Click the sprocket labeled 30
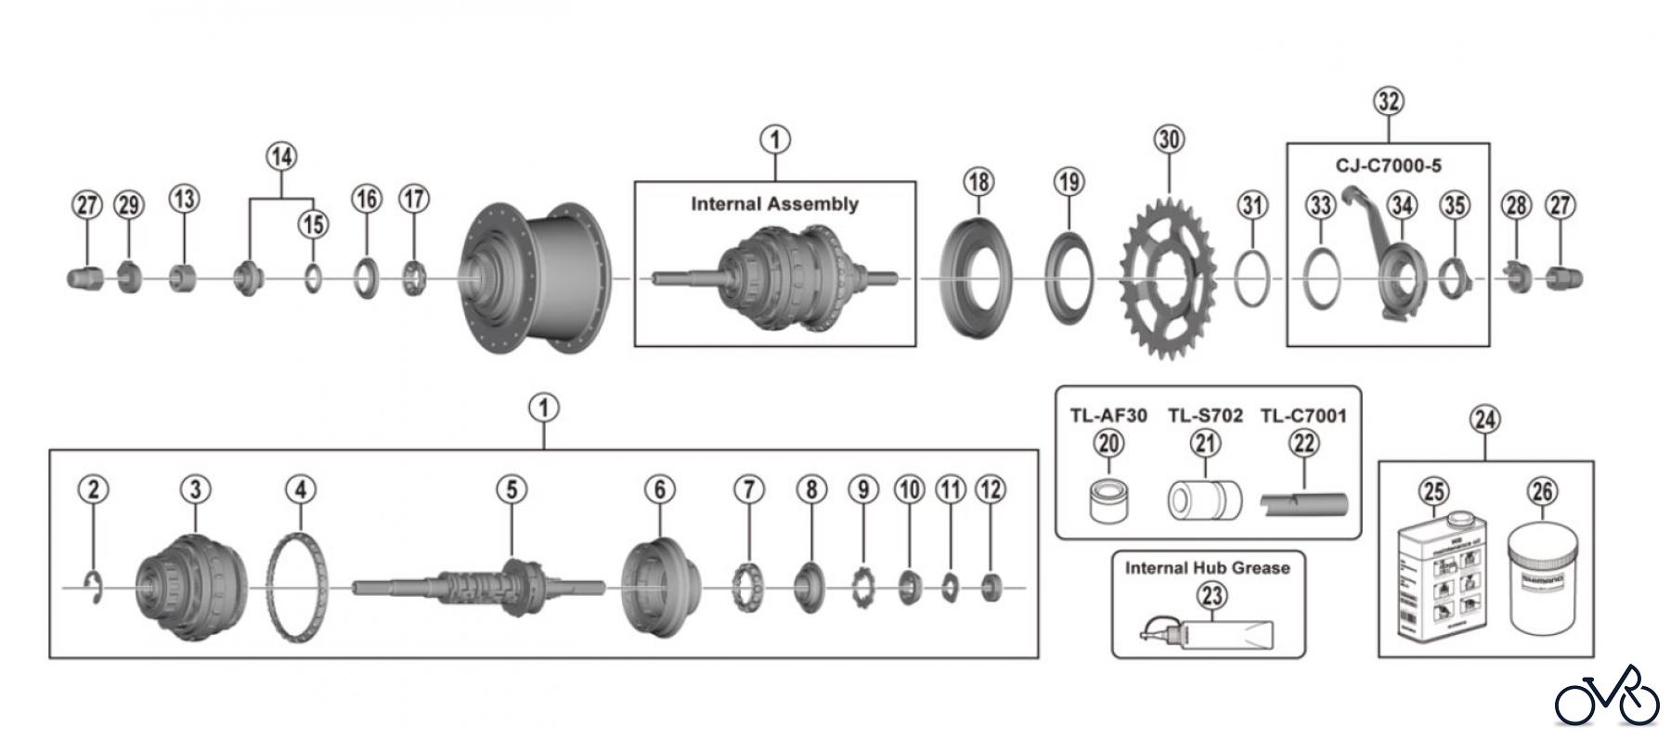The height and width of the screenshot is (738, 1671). click(1169, 278)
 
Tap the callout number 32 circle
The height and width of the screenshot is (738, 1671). click(1388, 101)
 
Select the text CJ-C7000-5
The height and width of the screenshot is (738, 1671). click(1388, 166)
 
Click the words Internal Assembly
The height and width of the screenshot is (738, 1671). click(774, 204)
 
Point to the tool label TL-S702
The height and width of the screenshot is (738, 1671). click(1205, 416)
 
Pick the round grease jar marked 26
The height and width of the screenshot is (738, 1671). click(1542, 577)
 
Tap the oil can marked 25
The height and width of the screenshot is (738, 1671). click(1434, 577)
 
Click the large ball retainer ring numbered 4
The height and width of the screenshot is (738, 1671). click(298, 588)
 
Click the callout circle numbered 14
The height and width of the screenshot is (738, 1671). click(281, 156)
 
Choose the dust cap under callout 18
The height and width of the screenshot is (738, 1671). click(977, 278)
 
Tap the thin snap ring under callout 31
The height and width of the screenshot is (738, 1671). click(1251, 278)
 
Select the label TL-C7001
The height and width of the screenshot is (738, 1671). click(1302, 416)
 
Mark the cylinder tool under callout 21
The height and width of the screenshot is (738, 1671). click(1204, 499)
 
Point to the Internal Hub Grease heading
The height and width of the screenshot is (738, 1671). click(1207, 567)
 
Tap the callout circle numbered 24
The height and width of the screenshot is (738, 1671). click(1484, 420)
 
